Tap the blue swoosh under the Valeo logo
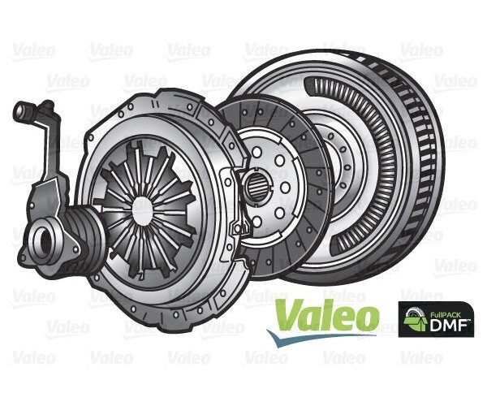click(325, 335)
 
